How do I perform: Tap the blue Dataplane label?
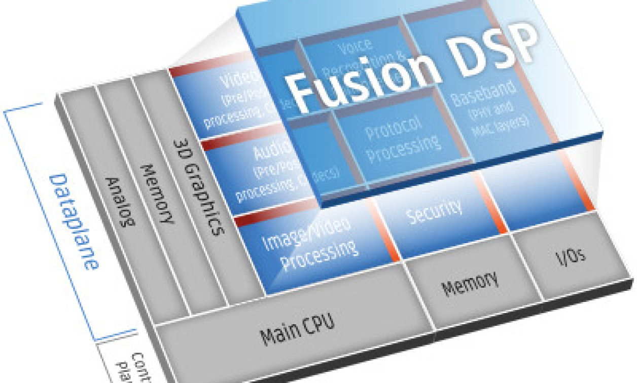(x=74, y=220)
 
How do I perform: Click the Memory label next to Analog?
(x=157, y=193)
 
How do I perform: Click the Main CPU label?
(x=297, y=328)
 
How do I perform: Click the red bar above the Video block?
(x=203, y=68)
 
